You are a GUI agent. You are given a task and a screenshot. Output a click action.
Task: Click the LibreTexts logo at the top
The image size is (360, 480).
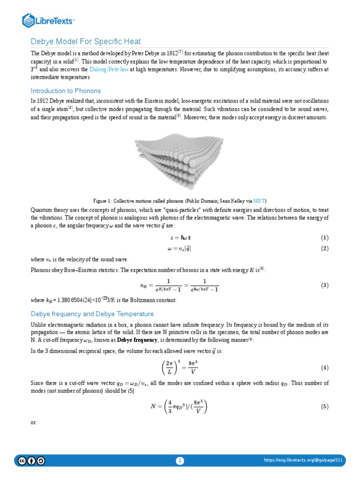click(49, 20)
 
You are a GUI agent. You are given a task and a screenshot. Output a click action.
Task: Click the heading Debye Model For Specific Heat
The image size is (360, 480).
click(86, 42)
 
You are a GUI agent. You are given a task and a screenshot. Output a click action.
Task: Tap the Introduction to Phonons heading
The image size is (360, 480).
click(66, 91)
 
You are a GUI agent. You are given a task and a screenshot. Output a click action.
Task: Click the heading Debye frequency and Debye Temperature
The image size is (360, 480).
click(92, 314)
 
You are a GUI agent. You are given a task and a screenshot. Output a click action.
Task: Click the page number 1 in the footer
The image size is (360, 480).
click(180, 461)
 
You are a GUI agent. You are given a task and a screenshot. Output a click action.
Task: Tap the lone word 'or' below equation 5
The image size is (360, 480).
click(33, 422)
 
